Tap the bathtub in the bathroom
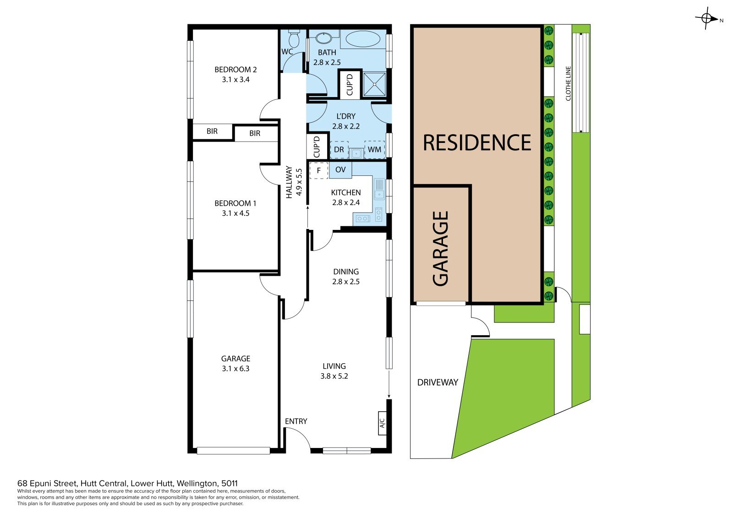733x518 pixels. [363, 39]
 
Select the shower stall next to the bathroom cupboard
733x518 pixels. [374, 84]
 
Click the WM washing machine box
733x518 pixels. [375, 150]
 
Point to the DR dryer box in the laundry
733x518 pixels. [339, 150]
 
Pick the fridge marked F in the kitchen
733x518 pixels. [319, 170]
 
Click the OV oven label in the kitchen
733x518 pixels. [340, 169]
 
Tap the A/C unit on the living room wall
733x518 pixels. [382, 423]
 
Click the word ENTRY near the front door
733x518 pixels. [296, 421]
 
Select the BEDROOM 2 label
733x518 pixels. [235, 69]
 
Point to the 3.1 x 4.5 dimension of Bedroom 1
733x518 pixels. [235, 213]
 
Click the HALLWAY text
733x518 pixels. [289, 182]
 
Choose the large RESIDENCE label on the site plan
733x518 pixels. [477, 143]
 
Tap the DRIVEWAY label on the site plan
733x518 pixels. [438, 382]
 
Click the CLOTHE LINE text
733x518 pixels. [568, 83]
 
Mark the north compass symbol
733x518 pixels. [707, 18]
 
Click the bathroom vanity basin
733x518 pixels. [324, 38]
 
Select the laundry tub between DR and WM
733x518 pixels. [356, 153]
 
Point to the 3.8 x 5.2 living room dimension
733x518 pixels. [334, 376]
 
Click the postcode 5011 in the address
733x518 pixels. [230, 483]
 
